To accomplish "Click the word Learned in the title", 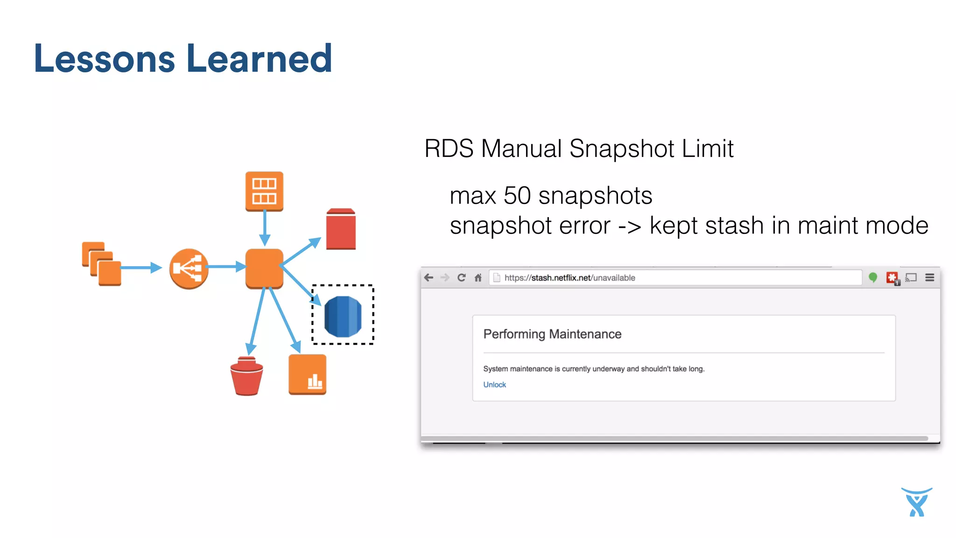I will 260,59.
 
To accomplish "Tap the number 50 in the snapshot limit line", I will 517,195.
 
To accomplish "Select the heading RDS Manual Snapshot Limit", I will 579,149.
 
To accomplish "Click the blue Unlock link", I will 494,384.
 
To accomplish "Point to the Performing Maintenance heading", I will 552,334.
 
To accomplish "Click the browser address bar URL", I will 569,278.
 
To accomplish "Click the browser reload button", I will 461,278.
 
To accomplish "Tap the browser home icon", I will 478,278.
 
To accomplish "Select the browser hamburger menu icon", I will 930,278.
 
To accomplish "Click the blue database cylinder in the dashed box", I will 343,316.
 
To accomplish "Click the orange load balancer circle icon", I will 189,269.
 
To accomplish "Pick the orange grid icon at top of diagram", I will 264,191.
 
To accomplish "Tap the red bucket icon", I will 246,376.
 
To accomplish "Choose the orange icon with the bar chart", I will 307,375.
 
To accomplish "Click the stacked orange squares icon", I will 102,264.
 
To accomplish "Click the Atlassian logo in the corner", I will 917,502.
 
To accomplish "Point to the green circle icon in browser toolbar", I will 873,278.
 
